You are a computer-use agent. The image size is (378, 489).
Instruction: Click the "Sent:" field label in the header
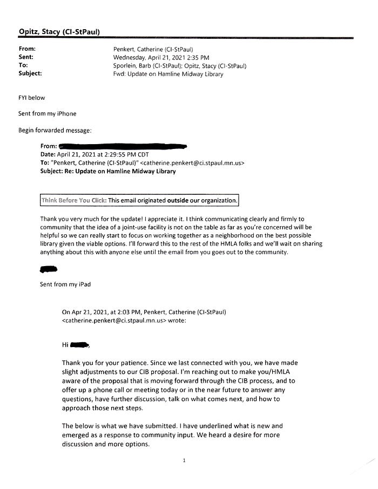(x=26, y=57)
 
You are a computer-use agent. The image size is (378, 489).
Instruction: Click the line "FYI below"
(x=32, y=98)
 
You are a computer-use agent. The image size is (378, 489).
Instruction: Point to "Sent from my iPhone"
(x=47, y=114)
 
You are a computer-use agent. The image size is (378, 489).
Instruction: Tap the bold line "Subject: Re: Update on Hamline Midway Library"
(x=108, y=172)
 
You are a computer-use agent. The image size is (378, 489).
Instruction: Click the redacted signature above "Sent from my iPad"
(x=49, y=269)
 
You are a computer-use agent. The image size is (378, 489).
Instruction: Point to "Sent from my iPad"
(x=65, y=284)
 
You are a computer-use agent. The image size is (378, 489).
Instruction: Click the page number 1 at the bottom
(x=184, y=460)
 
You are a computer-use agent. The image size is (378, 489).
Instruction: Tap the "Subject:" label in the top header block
(x=30, y=74)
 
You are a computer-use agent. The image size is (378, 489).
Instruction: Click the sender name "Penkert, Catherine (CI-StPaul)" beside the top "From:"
(x=150, y=49)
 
